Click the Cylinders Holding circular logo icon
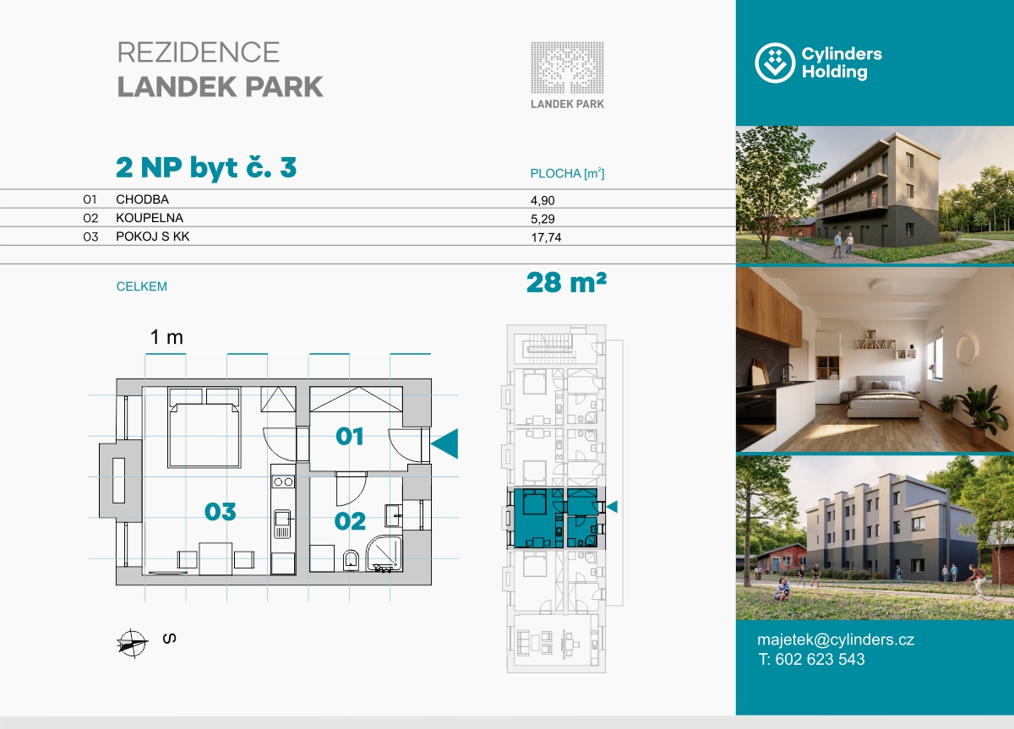[775, 63]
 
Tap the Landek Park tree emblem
[567, 68]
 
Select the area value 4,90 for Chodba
[542, 200]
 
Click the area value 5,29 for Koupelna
[542, 219]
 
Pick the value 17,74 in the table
[546, 237]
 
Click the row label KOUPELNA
[150, 218]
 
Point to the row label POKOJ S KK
[153, 237]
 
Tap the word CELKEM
[142, 286]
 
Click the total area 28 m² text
[566, 282]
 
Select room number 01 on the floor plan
[350, 437]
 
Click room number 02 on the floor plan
[350, 521]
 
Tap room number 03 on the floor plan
[220, 512]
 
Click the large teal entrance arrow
[444, 443]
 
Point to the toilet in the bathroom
[351, 560]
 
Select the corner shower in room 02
[384, 553]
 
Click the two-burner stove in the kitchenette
[283, 482]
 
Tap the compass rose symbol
[132, 643]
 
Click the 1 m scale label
[166, 337]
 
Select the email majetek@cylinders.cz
[836, 639]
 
